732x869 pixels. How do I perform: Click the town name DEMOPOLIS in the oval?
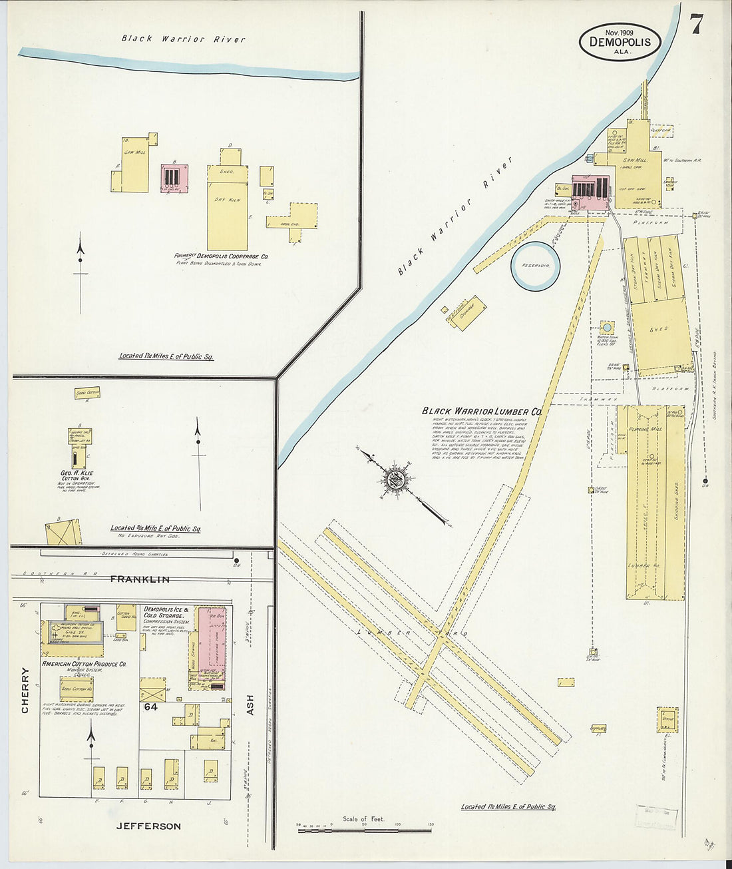pyautogui.click(x=620, y=43)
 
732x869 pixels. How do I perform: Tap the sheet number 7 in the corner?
pyautogui.click(x=696, y=25)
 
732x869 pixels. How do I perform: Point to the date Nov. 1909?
pyautogui.click(x=619, y=31)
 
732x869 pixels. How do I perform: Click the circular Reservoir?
pyautogui.click(x=535, y=265)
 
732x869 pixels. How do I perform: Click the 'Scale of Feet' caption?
pyautogui.click(x=363, y=818)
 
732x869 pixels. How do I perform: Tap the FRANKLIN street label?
pyautogui.click(x=139, y=579)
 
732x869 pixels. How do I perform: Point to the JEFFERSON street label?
pyautogui.click(x=148, y=826)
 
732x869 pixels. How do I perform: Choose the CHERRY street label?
pyautogui.click(x=25, y=690)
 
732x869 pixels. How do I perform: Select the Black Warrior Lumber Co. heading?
pyautogui.click(x=481, y=412)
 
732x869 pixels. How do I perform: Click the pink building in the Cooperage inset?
pyautogui.click(x=174, y=178)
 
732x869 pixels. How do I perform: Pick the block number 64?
pyautogui.click(x=151, y=707)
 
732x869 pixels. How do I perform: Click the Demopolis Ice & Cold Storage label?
pyautogui.click(x=166, y=613)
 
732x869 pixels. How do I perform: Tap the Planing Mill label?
pyautogui.click(x=645, y=430)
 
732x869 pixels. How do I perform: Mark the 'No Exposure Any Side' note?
pyautogui.click(x=155, y=535)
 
